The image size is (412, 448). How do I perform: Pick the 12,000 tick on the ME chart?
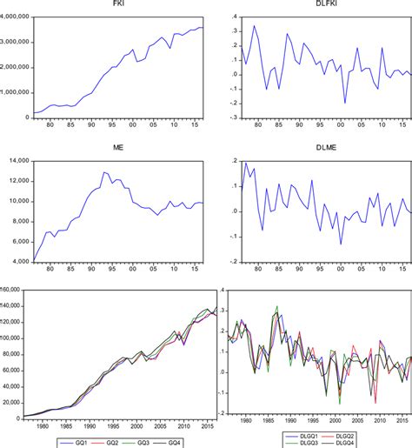(19, 182)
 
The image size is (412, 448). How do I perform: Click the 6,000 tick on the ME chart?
(19, 242)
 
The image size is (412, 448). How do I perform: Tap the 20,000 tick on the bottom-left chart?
(14, 401)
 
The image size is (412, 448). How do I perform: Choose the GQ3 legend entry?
(142, 442)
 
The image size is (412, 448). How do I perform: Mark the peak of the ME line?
(104, 172)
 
